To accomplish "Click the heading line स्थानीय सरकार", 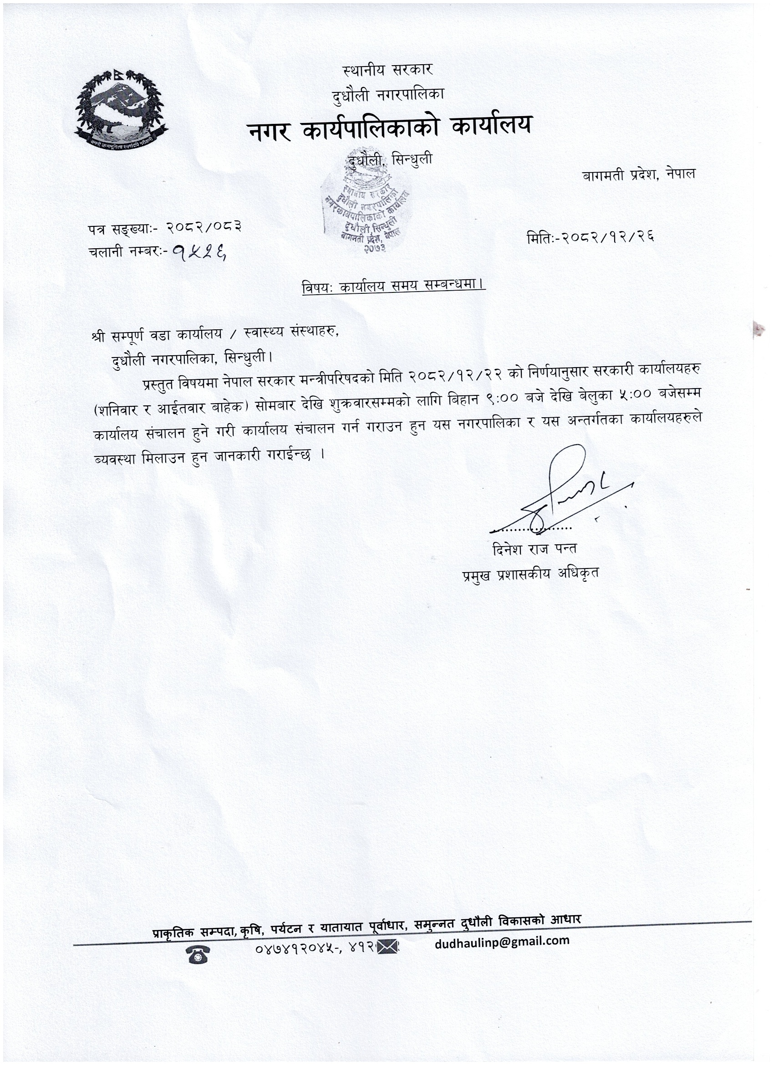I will (388, 71).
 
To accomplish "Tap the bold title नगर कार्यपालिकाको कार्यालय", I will (390, 126).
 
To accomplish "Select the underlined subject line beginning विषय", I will (393, 287).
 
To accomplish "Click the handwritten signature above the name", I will (563, 491).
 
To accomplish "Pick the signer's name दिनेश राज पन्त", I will (535, 549).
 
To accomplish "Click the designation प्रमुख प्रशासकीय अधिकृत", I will (530, 574).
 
